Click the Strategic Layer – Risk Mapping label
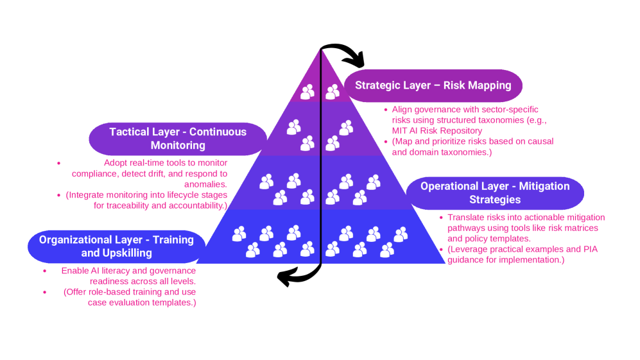(x=433, y=85)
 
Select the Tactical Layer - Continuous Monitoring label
(x=177, y=139)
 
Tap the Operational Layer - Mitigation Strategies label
(x=495, y=193)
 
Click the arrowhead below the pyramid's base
(x=284, y=277)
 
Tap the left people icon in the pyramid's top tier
(x=307, y=92)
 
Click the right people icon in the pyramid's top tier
(x=332, y=92)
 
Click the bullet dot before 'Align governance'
(x=386, y=110)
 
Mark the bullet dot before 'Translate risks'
(x=441, y=218)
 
